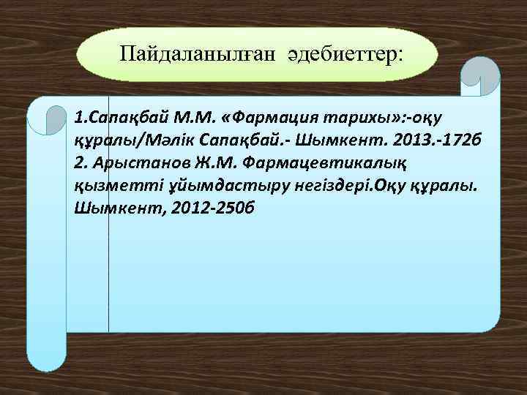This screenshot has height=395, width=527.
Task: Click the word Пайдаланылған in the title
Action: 175,53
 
